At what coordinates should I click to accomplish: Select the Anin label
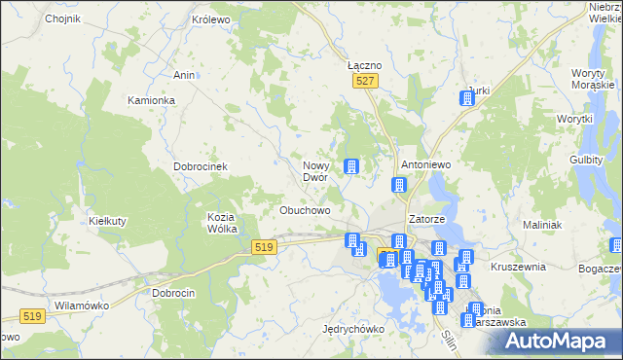[x=184, y=75]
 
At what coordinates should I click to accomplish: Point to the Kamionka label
[x=151, y=100]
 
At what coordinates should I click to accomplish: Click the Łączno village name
[x=364, y=65]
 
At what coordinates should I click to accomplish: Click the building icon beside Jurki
[x=466, y=100]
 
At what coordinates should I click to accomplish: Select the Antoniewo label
[x=426, y=165]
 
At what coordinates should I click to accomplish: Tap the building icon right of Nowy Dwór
[x=351, y=167]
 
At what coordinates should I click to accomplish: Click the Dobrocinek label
[x=201, y=166]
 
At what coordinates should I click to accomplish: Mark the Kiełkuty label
[x=108, y=221]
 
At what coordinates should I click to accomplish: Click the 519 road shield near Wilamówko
[x=32, y=316]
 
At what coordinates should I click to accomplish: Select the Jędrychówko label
[x=353, y=329]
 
